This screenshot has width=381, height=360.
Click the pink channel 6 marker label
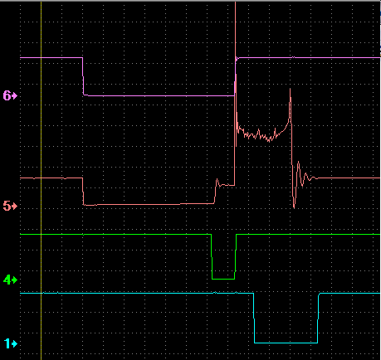10,95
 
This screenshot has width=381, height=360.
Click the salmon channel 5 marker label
10,206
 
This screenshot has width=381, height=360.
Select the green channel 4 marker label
10,280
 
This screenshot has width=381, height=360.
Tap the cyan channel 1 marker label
11,343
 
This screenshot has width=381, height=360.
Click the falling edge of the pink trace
83,76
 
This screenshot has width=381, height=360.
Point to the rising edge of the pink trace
235,76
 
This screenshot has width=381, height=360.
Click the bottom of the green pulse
223,279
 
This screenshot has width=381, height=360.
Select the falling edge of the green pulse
212,256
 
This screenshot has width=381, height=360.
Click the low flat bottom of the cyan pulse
286,343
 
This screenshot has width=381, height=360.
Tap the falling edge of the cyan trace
254,318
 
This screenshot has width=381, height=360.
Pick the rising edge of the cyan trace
318,318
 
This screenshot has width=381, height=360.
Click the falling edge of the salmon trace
83,192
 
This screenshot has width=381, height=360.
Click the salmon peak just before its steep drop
290,89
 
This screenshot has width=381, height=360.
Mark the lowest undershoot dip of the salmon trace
294,207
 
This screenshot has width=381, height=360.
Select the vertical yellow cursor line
42,180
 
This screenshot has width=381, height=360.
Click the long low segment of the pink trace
159,96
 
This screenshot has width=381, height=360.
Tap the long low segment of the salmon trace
149,205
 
